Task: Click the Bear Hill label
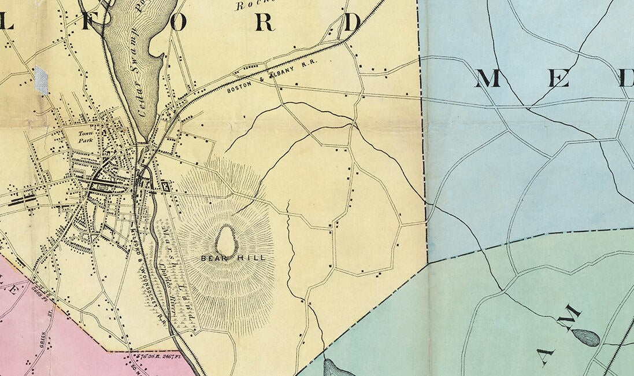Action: (233, 258)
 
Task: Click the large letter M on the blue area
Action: (488, 78)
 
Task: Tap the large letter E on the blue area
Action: (558, 78)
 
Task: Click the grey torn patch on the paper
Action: (41, 80)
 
